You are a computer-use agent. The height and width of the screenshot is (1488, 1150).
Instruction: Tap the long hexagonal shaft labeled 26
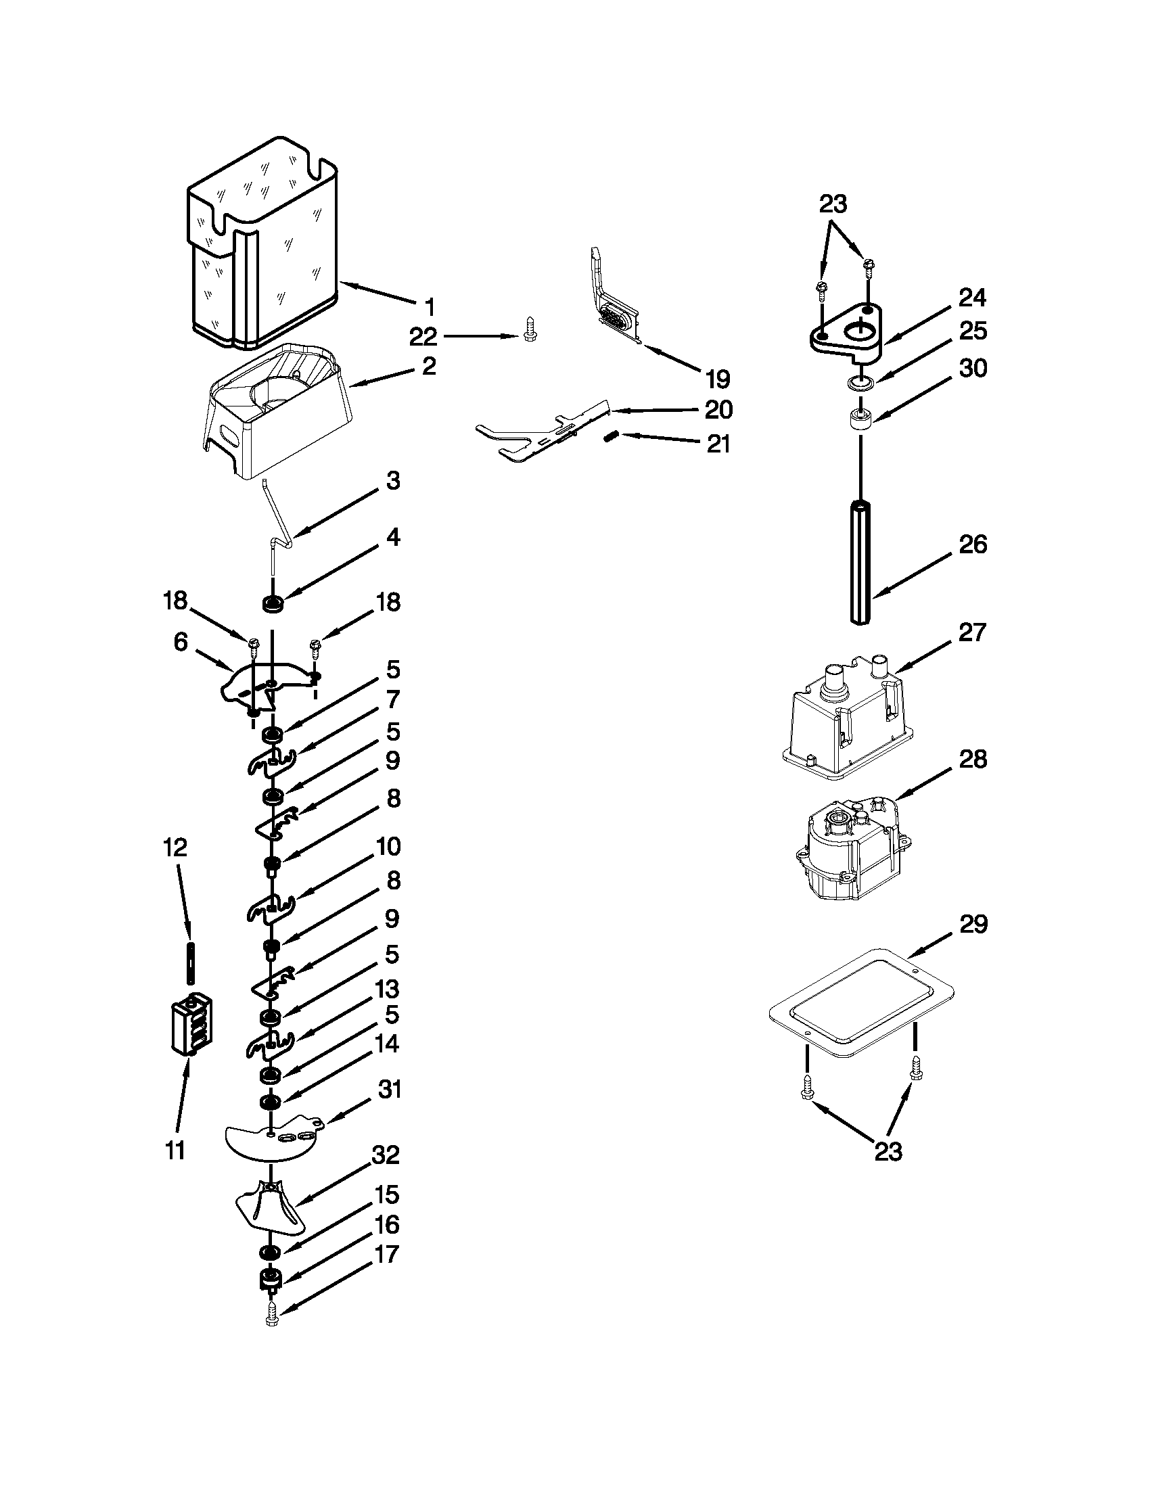coord(861,561)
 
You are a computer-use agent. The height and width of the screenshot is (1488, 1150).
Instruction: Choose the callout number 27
coord(972,632)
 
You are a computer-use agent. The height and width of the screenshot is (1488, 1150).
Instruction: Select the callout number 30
coord(972,368)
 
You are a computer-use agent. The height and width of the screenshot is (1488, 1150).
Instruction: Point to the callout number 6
coord(181,642)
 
